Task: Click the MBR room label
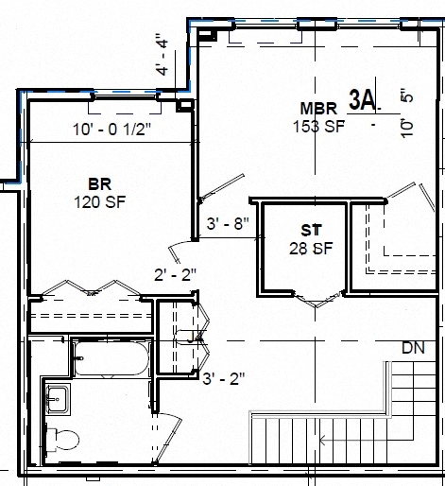[x=316, y=108]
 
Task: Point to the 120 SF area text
[x=100, y=200]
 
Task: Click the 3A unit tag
[x=363, y=98]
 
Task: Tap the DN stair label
[x=413, y=348]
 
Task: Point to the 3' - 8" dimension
[x=226, y=225]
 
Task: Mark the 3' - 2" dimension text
[x=224, y=378]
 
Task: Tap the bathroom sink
[x=57, y=400]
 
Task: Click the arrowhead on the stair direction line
[x=323, y=439]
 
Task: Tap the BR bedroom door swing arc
[x=175, y=248]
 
